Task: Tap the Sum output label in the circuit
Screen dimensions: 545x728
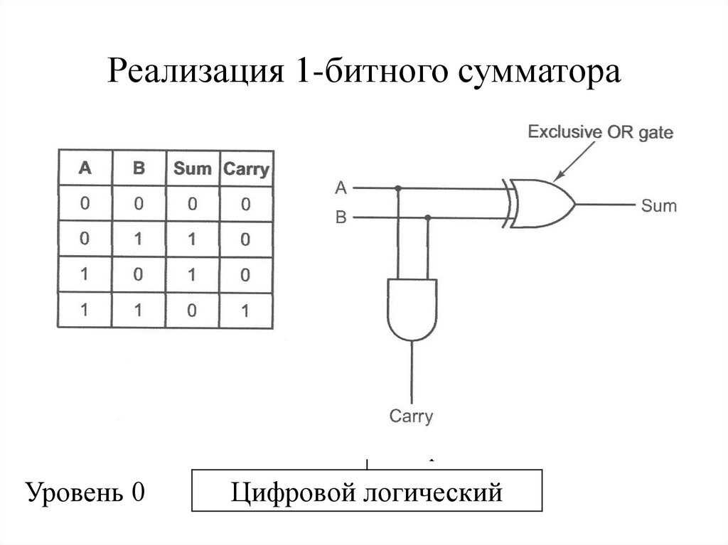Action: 658,206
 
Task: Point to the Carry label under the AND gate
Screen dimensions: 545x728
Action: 411,416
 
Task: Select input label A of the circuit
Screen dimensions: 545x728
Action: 341,188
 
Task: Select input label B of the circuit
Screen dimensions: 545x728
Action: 341,217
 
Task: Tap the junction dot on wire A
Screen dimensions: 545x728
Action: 397,189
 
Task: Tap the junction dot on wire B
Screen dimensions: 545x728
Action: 427,217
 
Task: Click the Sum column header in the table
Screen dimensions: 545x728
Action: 192,168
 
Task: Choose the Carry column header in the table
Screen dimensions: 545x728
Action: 246,169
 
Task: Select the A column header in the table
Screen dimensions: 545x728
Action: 85,168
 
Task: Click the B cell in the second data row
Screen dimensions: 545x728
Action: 139,239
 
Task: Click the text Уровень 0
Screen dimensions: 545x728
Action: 85,492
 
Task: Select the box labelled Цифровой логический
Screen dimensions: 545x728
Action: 367,491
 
